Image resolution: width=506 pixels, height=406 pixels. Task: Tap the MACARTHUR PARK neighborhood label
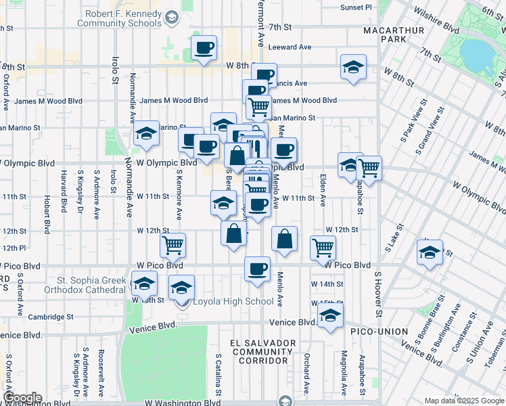pos(394,36)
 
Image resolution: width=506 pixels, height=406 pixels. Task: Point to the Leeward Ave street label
pos(290,47)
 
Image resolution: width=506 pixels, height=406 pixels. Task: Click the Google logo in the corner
pos(22,397)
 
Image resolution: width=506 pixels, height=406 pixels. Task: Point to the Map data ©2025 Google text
pos(464,401)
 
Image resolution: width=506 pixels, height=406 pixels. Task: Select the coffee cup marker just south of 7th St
pos(204,48)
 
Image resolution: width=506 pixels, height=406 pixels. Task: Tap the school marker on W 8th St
pos(352,67)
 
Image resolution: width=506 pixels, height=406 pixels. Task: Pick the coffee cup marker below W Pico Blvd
pos(257,269)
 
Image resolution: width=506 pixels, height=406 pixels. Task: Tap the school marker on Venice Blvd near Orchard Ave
pos(330,315)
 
